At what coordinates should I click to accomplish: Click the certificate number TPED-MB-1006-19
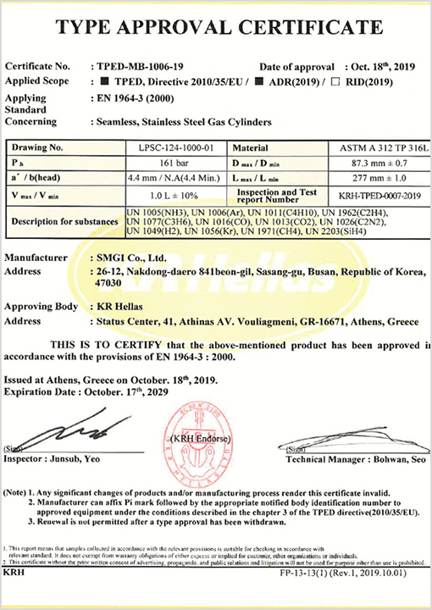[134, 66]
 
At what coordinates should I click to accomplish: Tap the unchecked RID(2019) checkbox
[338, 81]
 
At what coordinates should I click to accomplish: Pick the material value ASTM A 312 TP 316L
[379, 147]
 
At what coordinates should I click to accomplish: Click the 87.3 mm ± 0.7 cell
[379, 163]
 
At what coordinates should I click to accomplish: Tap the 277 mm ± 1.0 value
[379, 178]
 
